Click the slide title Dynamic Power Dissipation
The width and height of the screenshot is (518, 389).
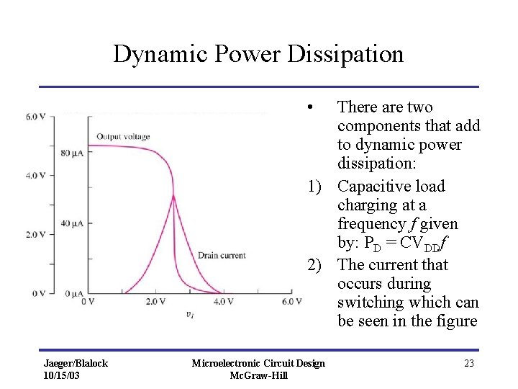tap(258, 54)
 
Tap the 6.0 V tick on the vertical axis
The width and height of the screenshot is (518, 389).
tap(35, 116)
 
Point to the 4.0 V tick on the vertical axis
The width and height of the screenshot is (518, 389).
tap(35, 175)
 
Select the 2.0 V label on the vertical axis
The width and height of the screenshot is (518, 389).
tap(35, 234)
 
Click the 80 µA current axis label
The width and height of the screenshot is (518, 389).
tap(71, 153)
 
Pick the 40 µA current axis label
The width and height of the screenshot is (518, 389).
tap(71, 223)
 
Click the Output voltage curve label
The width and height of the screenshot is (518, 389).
tap(123, 137)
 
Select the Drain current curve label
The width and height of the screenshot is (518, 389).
tap(222, 255)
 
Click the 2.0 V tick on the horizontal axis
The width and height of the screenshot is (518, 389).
tap(155, 301)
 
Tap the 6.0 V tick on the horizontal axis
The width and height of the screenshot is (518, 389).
tap(291, 301)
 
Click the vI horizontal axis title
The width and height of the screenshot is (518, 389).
tap(189, 314)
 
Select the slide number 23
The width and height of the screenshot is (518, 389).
tap(469, 364)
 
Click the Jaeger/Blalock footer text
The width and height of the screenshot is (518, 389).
tap(76, 363)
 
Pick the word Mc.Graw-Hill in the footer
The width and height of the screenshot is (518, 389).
tap(258, 375)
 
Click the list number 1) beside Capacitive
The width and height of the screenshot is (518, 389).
tap(314, 187)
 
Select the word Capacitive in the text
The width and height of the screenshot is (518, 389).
tap(372, 187)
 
